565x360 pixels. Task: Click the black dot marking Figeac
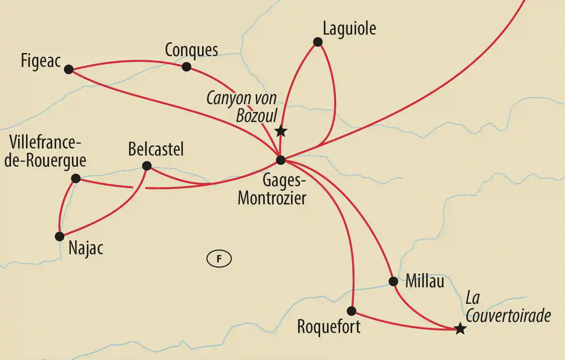tap(69, 69)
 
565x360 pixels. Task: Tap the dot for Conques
tap(186, 67)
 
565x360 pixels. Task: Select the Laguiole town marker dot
tap(318, 42)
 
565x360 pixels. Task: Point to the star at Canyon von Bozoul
tap(281, 131)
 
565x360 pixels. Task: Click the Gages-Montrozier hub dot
tap(281, 160)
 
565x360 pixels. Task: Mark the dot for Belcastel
tap(147, 166)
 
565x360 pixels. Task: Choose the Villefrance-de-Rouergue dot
tap(76, 178)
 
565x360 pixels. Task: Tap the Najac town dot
tap(60, 236)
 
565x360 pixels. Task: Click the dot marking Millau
tap(393, 281)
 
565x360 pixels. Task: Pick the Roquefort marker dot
tap(351, 311)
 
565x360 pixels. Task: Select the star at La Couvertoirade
tap(460, 329)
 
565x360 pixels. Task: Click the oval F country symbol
tap(219, 259)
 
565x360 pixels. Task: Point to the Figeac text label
tap(41, 61)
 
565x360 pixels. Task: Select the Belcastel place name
tap(156, 149)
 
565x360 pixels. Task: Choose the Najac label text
tap(86, 248)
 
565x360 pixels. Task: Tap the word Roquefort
tap(329, 327)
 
